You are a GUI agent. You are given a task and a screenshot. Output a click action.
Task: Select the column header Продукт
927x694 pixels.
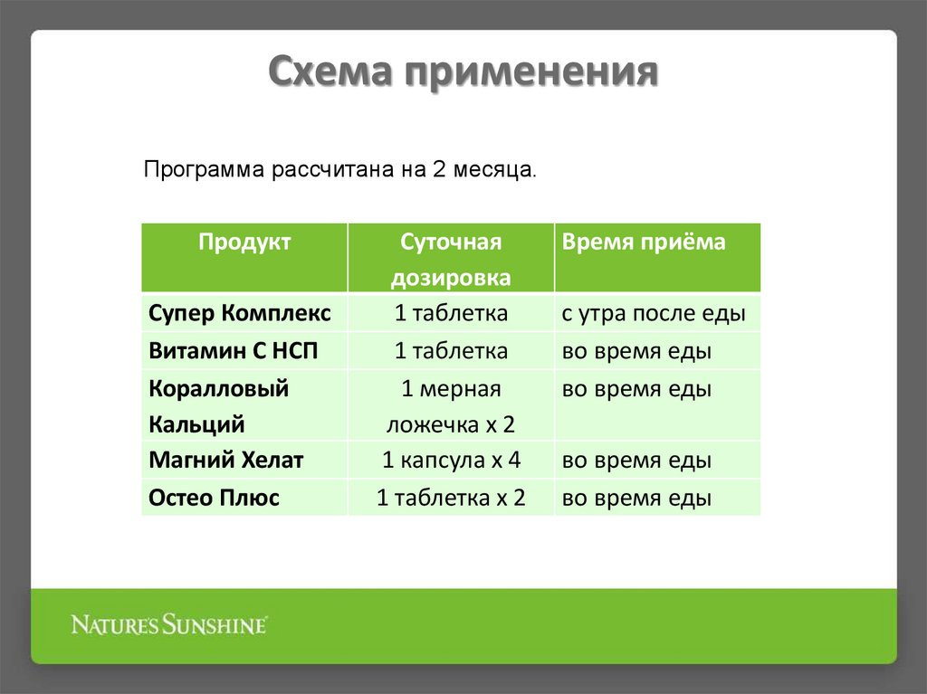coord(244,242)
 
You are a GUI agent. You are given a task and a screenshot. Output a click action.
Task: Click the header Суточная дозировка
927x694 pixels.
coord(451,260)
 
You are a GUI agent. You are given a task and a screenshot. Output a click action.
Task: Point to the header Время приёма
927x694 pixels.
coord(644,242)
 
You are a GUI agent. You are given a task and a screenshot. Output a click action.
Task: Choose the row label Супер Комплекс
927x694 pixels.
coord(240,314)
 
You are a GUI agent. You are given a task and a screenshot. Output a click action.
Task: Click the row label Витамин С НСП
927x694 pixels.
coord(234,351)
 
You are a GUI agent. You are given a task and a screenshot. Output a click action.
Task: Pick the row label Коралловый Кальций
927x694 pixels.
coord(219,406)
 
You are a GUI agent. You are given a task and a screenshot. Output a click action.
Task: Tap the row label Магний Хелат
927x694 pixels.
coord(226,461)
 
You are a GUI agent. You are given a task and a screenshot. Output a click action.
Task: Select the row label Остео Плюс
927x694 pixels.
coord(215,498)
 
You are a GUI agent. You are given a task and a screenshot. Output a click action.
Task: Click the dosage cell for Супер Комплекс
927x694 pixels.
coord(451,314)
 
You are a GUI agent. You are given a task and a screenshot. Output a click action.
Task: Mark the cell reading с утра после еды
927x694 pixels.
coord(653,314)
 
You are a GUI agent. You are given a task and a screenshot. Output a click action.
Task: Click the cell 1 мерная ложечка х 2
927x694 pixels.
coord(451,406)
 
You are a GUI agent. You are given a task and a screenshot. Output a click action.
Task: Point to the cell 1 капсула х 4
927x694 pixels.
coord(451,461)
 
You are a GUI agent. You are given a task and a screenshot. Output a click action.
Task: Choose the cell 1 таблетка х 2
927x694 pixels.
coord(451,498)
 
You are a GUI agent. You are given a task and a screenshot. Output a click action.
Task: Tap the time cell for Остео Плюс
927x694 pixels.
coord(636,498)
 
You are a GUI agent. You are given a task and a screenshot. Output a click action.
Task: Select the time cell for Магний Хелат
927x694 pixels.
coord(636,461)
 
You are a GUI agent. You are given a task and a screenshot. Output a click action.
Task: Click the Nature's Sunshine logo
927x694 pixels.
coord(169,624)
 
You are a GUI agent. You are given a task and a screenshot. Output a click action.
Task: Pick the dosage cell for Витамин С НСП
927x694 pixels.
coord(451,351)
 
